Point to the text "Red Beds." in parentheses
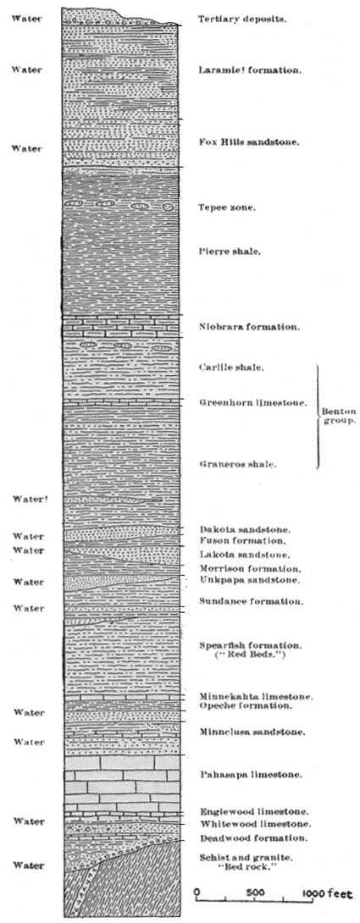point(247,655)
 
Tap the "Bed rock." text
point(246,866)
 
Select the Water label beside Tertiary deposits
point(26,19)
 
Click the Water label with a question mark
point(29,499)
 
